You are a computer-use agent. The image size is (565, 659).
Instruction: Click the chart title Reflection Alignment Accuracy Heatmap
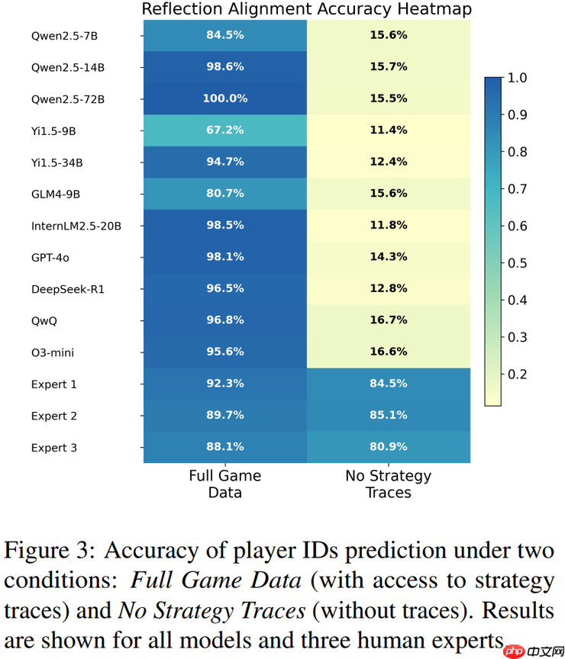click(x=306, y=10)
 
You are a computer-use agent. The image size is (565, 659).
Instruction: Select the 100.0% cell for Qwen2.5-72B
click(x=224, y=98)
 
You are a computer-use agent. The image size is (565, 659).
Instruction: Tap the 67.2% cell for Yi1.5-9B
click(x=224, y=130)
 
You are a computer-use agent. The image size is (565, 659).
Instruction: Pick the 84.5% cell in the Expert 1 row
click(x=388, y=384)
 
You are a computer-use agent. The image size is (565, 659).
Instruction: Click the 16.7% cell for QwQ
click(x=388, y=320)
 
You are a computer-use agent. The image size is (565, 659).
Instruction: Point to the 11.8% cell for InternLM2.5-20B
click(x=388, y=225)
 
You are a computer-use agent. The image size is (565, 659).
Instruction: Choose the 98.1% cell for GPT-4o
click(x=224, y=257)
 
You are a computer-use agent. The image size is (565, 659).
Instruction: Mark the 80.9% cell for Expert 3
click(x=388, y=447)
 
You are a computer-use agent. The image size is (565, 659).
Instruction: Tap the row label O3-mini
click(x=53, y=352)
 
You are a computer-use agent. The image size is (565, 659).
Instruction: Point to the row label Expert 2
click(x=54, y=416)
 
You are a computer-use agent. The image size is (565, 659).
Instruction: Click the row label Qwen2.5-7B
click(x=65, y=36)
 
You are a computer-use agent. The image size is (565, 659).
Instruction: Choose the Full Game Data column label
click(x=224, y=484)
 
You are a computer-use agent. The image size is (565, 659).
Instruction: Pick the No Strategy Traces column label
click(x=388, y=484)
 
